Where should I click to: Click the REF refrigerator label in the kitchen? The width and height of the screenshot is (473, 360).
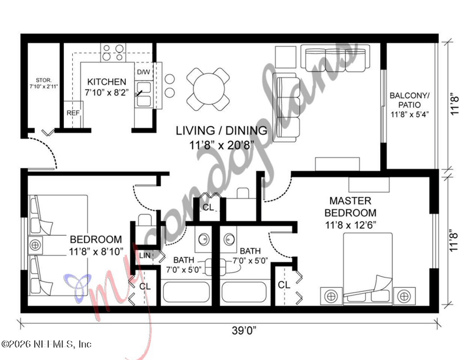(72, 112)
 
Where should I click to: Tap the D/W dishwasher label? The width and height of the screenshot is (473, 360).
(144, 72)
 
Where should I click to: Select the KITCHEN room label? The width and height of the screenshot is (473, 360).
(106, 82)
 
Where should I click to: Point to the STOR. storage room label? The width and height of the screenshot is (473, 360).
(43, 79)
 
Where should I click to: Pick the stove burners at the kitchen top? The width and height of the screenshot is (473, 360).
(114, 50)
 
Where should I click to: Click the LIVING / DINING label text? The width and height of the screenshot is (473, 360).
(224, 130)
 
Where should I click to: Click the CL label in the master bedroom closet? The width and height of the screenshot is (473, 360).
(284, 285)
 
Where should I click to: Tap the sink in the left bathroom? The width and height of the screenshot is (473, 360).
(202, 239)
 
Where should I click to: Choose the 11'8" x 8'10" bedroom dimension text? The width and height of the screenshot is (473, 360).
(96, 251)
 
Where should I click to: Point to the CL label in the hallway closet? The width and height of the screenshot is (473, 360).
(208, 207)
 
